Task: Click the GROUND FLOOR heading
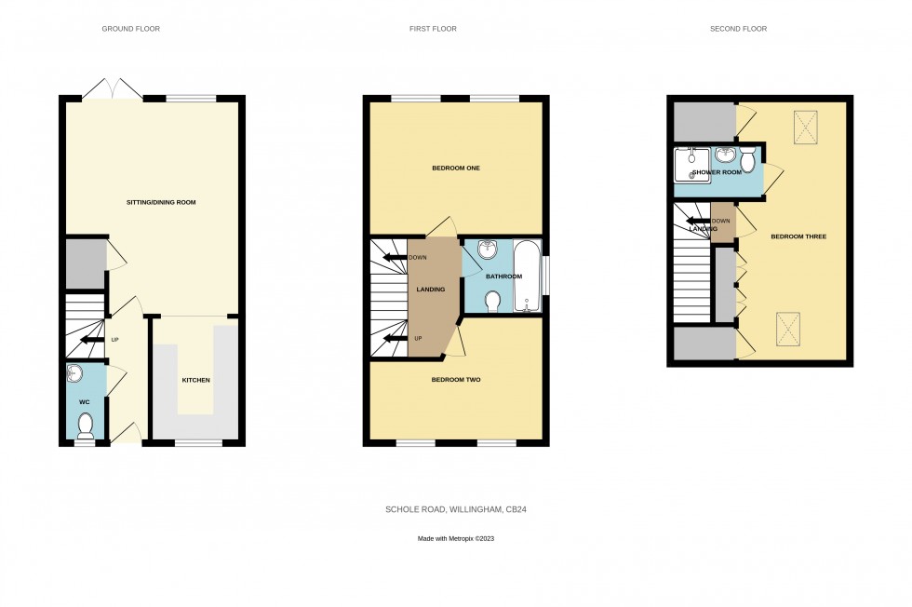(130, 29)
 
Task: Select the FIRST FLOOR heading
(433, 29)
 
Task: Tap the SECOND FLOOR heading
(738, 29)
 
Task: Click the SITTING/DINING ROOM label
(161, 202)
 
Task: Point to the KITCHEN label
(195, 380)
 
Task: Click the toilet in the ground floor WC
(86, 425)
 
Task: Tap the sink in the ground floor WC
(76, 374)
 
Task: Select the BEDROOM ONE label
(455, 169)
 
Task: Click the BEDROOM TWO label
(455, 380)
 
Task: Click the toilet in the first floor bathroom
(494, 301)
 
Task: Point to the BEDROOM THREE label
(798, 236)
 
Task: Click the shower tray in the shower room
(691, 165)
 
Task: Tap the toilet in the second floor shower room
(747, 162)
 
